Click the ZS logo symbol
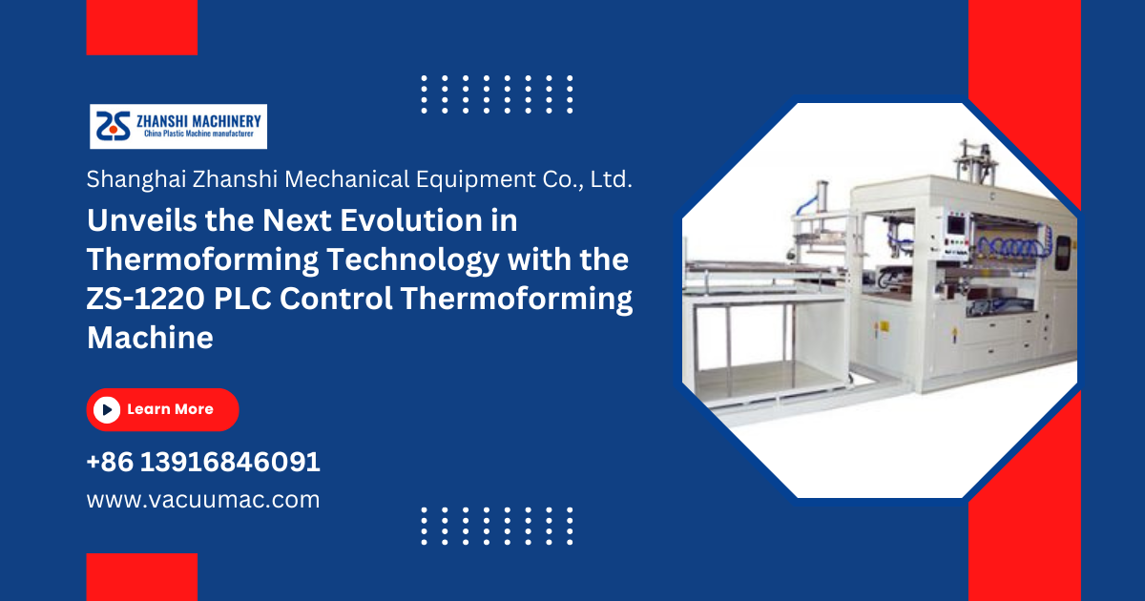pyautogui.click(x=114, y=126)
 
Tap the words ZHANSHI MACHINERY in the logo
pyautogui.click(x=198, y=122)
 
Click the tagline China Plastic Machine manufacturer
pyautogui.click(x=198, y=134)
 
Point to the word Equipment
pyautogui.click(x=476, y=179)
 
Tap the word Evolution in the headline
pyautogui.click(x=411, y=220)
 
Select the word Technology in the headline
pyautogui.click(x=412, y=260)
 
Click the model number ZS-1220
pyautogui.click(x=146, y=299)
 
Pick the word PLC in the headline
pyautogui.click(x=242, y=299)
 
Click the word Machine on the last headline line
pyautogui.click(x=150, y=338)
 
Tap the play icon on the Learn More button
pyautogui.click(x=107, y=410)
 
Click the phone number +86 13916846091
pyautogui.click(x=203, y=462)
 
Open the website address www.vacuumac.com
pyautogui.click(x=203, y=500)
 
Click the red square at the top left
pyautogui.click(x=142, y=27)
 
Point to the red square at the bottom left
pyautogui.click(x=142, y=577)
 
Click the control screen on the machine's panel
pyautogui.click(x=956, y=225)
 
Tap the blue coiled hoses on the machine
pyautogui.click(x=1010, y=247)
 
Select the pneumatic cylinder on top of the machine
pyautogui.click(x=974, y=160)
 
